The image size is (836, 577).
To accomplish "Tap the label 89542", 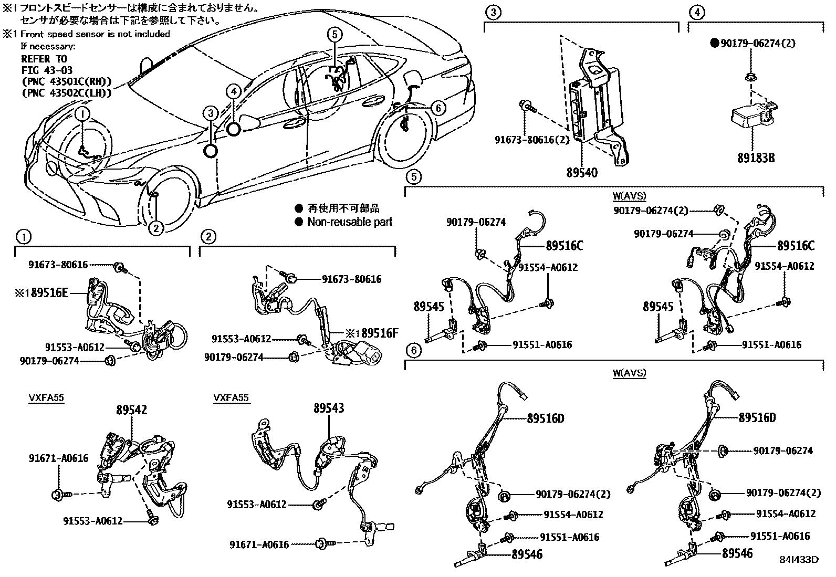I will [131, 410].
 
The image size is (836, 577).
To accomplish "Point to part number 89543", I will [329, 408].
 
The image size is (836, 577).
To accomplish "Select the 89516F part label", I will [380, 332].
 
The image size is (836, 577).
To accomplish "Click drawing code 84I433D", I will [799, 559].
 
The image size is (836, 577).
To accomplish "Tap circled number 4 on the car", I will [234, 91].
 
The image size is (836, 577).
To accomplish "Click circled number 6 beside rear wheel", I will [437, 108].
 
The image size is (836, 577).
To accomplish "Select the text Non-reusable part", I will [350, 222].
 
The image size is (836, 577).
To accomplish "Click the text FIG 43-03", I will [47, 70].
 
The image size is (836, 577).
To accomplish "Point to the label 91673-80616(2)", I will [531, 140].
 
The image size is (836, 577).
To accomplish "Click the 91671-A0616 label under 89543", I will [259, 544].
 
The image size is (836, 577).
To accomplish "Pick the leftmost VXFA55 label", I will [46, 398].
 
